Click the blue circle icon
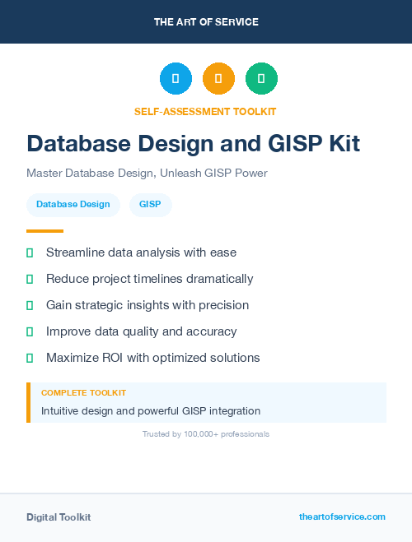[x=176, y=78]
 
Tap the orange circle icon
[x=218, y=78]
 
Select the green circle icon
[x=261, y=78]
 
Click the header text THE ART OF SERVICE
[x=206, y=22]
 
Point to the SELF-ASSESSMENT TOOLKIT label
[x=205, y=111]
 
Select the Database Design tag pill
[x=73, y=205]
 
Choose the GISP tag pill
[x=150, y=205]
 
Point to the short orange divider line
[x=44, y=231]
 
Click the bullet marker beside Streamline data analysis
[x=30, y=252]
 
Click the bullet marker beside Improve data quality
[x=30, y=331]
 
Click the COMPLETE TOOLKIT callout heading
[x=83, y=393]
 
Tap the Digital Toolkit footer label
[x=59, y=517]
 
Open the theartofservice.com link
[x=342, y=517]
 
